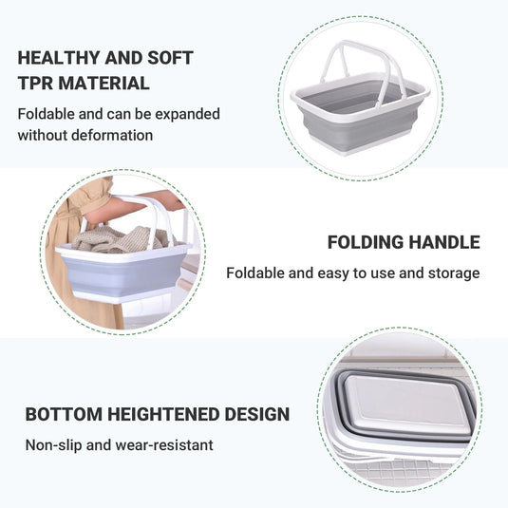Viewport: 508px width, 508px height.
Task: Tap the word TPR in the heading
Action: pos(34,84)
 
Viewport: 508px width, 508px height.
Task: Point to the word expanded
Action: pos(187,114)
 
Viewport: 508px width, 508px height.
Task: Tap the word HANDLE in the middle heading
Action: pos(447,242)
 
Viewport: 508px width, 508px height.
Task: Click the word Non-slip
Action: pos(54,444)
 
